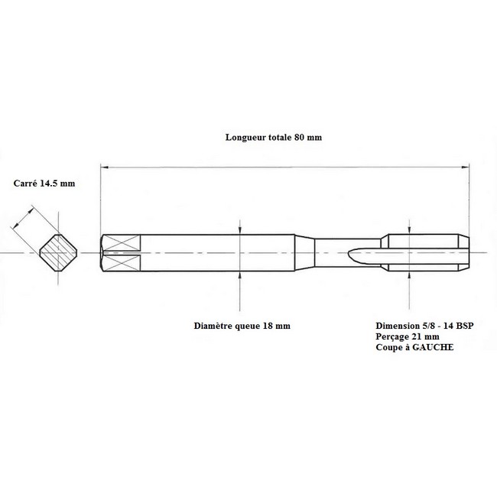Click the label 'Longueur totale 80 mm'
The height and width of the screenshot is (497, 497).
click(274, 137)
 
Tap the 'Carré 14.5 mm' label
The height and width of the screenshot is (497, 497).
click(44, 184)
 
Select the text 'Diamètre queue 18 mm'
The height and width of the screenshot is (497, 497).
click(242, 326)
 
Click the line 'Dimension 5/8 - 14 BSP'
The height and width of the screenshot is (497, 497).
click(424, 326)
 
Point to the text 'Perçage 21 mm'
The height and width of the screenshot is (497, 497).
click(408, 336)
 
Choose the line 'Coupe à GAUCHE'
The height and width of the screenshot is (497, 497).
click(414, 347)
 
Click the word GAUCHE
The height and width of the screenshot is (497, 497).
click(433, 347)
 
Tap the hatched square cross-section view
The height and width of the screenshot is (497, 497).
click(58, 252)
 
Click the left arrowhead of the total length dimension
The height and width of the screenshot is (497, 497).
click(105, 167)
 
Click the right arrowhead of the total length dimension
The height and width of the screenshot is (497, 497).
click(466, 167)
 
